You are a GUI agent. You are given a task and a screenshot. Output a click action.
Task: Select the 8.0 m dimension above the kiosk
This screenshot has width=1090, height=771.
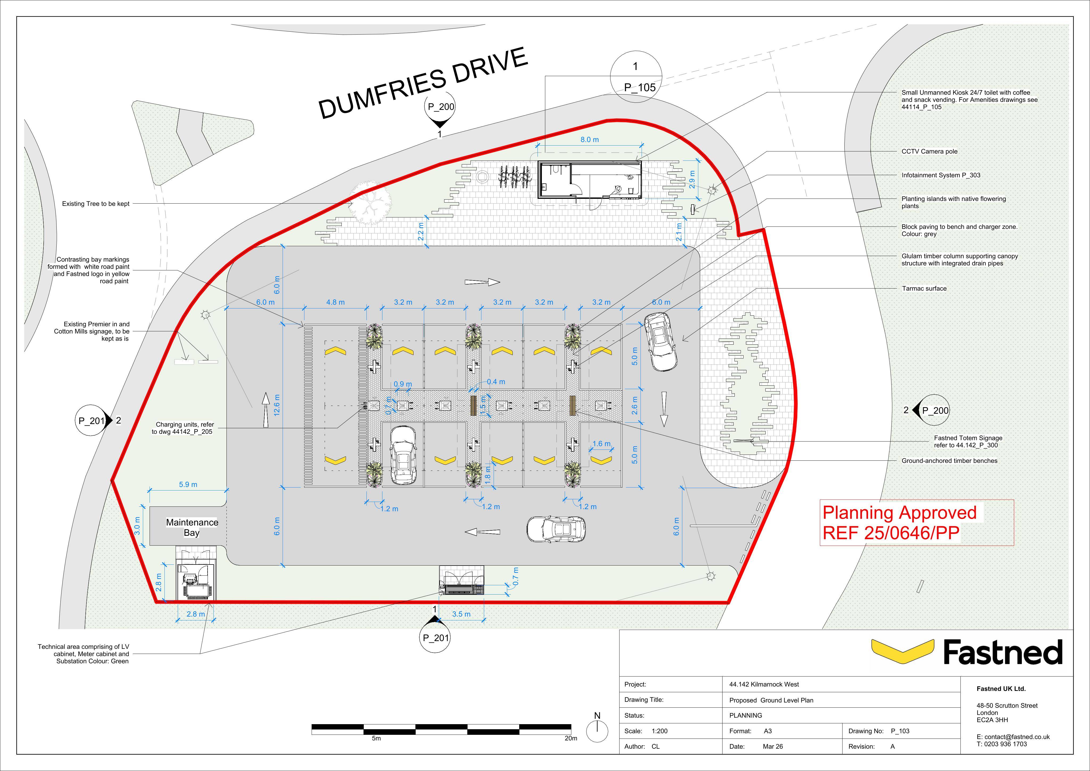click(x=590, y=139)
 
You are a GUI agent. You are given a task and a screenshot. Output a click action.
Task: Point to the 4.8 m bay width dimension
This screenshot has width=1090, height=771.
click(x=335, y=302)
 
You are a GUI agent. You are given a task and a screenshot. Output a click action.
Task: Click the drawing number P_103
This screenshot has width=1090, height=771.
click(x=900, y=731)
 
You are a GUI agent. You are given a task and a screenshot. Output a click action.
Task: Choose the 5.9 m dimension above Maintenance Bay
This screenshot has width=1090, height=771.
click(x=188, y=485)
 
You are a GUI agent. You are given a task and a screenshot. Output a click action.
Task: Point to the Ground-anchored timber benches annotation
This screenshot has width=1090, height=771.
click(x=949, y=460)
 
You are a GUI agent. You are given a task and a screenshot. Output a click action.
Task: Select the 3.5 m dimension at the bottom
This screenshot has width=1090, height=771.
click(x=461, y=614)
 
